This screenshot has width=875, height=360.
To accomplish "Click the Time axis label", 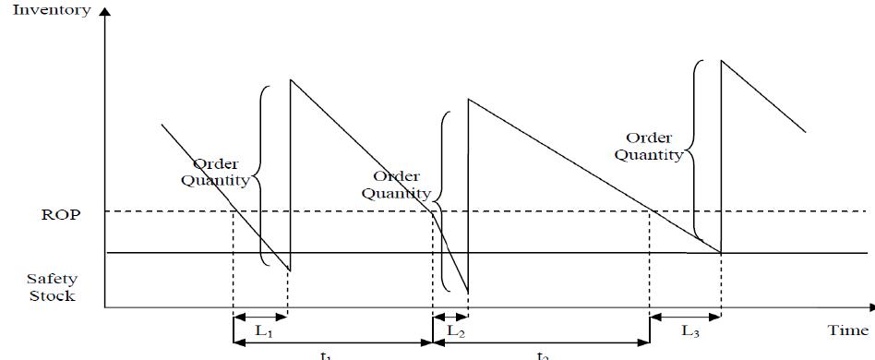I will [x=847, y=329].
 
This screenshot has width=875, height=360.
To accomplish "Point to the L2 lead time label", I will [x=455, y=330].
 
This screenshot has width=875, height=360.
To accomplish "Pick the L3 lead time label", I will [x=689, y=330].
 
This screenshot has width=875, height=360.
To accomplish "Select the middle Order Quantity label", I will [x=396, y=185].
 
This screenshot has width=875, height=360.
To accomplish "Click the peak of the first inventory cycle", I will [x=291, y=79].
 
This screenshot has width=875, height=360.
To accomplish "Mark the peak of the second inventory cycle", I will [x=469, y=99].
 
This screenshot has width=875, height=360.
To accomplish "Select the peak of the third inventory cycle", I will [x=721, y=60].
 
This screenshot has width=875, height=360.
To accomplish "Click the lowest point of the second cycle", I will [x=468, y=293].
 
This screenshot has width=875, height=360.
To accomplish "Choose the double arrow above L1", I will [x=260, y=316].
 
